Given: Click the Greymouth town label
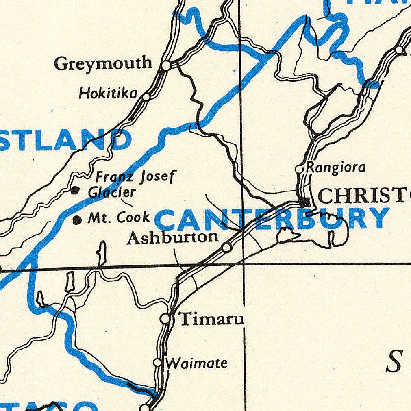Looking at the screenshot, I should [103, 64].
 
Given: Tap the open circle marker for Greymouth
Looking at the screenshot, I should [166, 65].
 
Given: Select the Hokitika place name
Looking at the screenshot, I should [108, 94].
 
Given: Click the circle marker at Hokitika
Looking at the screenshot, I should [146, 97].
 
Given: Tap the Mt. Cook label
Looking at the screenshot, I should [119, 218].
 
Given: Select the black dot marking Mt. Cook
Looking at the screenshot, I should [76, 220].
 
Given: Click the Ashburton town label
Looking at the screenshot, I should [173, 237].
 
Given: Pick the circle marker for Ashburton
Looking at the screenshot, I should [227, 247].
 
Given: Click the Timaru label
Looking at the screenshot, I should [211, 319].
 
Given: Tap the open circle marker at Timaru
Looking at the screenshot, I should [165, 319].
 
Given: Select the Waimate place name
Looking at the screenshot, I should [197, 363].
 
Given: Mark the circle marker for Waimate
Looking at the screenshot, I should [157, 362].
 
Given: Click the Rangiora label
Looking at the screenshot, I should [336, 167].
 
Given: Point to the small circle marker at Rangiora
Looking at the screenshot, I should [299, 168].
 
